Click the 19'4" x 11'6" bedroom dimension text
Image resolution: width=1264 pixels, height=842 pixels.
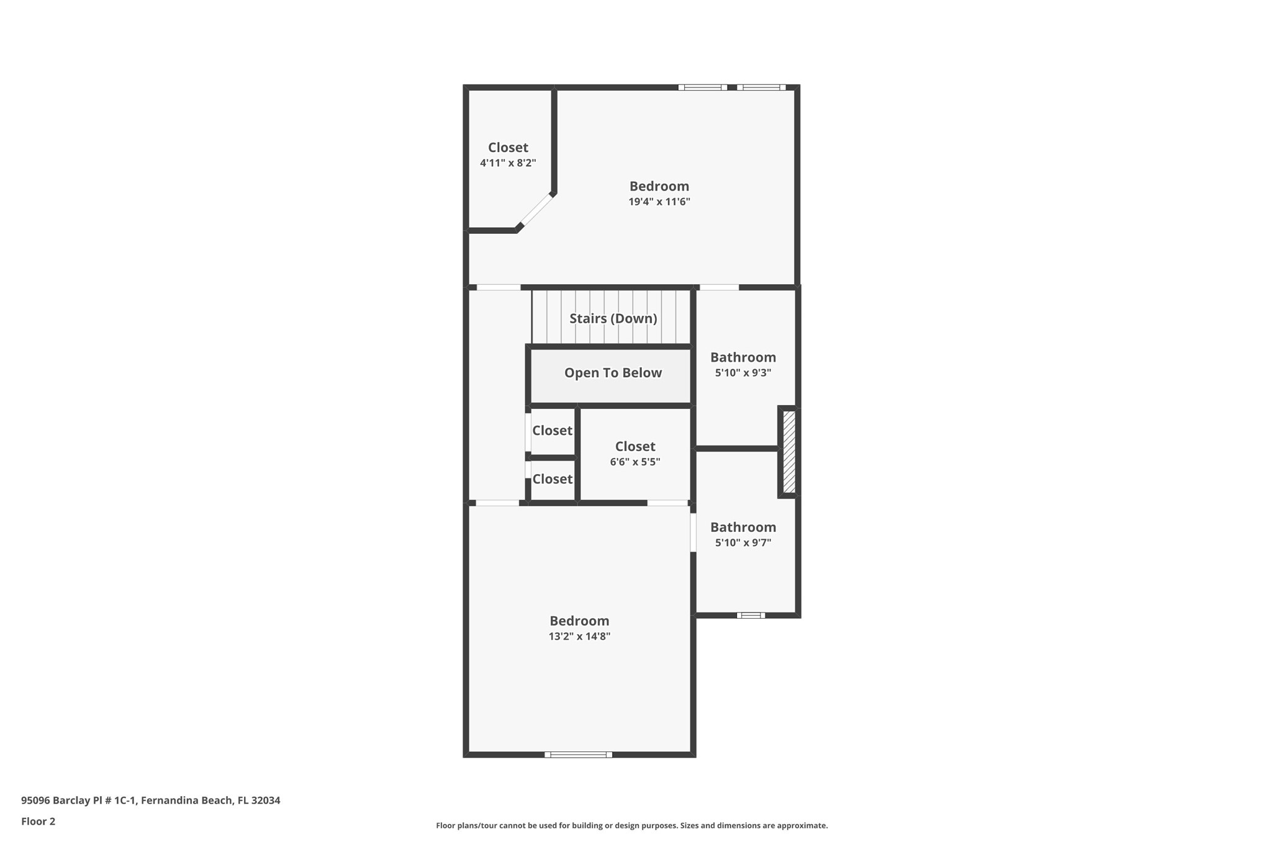click(659, 202)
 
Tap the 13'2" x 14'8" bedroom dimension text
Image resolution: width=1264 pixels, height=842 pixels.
click(579, 636)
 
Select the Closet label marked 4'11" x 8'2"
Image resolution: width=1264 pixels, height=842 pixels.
click(508, 148)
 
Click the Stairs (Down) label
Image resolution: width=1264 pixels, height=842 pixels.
click(613, 318)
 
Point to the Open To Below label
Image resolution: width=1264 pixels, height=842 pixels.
click(613, 373)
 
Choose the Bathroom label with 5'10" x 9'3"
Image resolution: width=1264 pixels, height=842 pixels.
click(743, 357)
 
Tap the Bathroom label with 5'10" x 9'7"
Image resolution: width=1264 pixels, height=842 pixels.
click(743, 527)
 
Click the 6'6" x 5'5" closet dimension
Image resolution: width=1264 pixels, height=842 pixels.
click(634, 462)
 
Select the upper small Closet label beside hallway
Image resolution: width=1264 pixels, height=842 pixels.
click(552, 431)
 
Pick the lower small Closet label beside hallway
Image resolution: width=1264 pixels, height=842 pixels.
click(552, 479)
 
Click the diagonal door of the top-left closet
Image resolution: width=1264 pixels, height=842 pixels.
click(536, 211)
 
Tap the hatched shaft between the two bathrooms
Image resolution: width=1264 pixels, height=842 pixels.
click(788, 452)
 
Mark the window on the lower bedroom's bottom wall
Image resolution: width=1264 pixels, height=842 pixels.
click(578, 755)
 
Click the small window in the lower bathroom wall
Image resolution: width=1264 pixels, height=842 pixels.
click(751, 616)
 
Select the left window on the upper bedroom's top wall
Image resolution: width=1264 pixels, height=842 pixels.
click(702, 87)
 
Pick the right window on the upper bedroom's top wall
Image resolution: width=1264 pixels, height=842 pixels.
click(761, 87)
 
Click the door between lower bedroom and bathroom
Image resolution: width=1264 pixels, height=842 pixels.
click(693, 532)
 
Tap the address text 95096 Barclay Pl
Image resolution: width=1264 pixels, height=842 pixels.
click(150, 800)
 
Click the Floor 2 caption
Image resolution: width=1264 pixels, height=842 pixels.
click(38, 822)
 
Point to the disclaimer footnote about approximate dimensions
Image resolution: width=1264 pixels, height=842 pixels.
click(631, 825)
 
